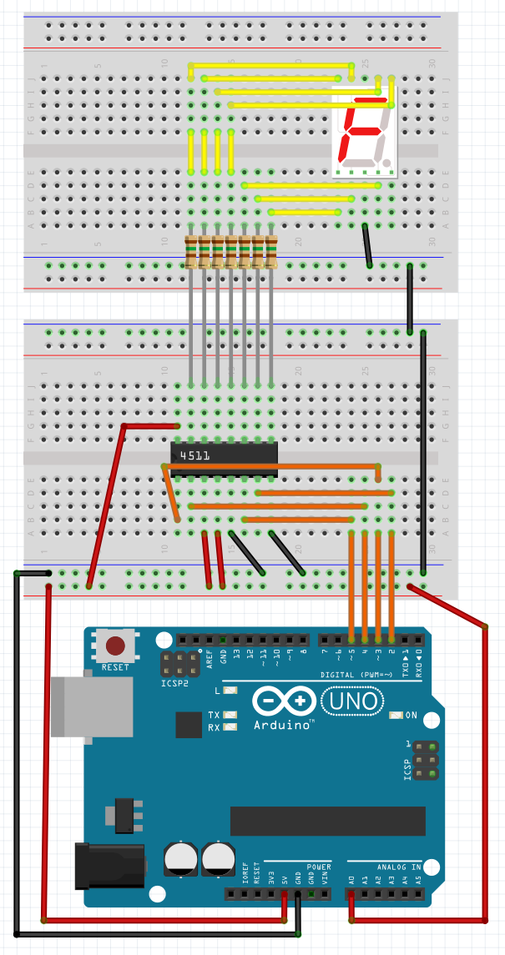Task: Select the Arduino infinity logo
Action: [x=284, y=701]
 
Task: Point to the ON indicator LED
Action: [x=396, y=715]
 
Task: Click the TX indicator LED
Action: [x=230, y=715]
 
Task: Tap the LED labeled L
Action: [x=230, y=691]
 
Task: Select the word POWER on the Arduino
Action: [x=318, y=867]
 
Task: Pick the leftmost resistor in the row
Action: [x=191, y=252]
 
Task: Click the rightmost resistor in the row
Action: [x=271, y=252]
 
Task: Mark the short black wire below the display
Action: [x=367, y=245]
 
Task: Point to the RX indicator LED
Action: [x=230, y=727]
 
